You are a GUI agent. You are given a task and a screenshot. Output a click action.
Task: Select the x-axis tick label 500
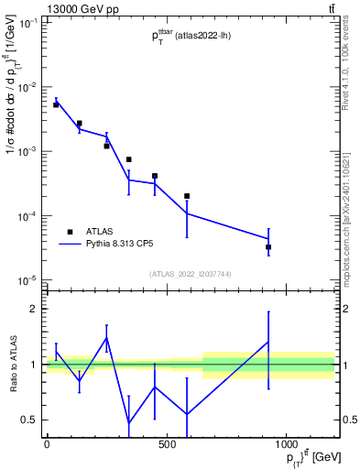[166, 445]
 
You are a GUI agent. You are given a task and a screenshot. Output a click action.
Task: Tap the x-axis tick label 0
[47, 445]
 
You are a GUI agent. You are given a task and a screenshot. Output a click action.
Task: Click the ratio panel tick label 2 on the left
[35, 309]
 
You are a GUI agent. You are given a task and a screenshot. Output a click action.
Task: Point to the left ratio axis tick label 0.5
[30, 420]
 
